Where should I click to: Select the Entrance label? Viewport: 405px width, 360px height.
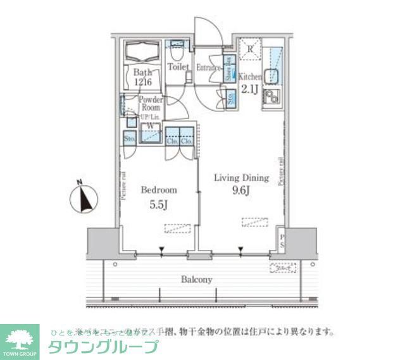(208, 67)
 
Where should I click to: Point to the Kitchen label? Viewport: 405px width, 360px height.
(251, 77)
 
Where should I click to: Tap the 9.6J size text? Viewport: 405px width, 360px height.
(240, 190)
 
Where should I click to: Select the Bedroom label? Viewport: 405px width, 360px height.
(158, 190)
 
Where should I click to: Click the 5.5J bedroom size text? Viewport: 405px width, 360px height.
(158, 204)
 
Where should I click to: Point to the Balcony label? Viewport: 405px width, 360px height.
(196, 279)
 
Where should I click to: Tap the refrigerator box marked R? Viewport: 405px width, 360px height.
(251, 49)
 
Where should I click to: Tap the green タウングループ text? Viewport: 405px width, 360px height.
(103, 347)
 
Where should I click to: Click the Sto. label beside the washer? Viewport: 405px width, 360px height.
(128, 137)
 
